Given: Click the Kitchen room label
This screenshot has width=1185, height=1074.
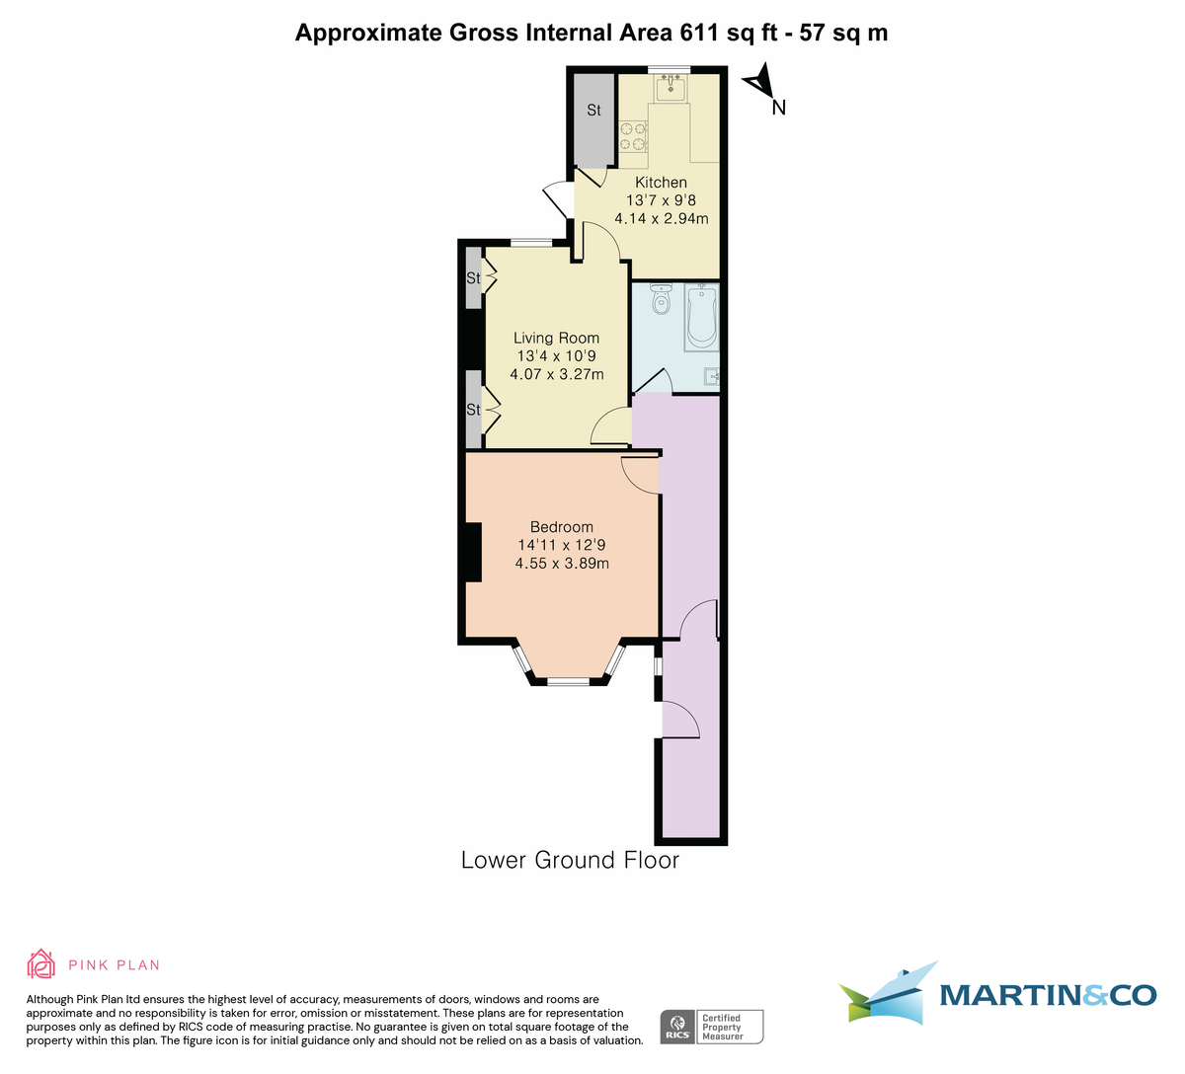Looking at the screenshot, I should click(x=661, y=183).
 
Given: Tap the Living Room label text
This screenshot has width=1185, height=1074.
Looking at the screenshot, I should click(x=556, y=338).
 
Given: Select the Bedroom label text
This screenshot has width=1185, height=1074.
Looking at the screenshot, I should click(x=561, y=527).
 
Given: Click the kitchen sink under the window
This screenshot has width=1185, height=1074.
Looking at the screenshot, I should click(x=672, y=89).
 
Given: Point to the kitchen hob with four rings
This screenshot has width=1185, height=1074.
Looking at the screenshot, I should click(x=633, y=137).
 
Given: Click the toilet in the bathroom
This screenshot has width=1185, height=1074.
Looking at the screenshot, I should click(x=661, y=300).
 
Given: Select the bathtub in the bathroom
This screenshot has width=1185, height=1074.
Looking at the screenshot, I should click(x=702, y=316).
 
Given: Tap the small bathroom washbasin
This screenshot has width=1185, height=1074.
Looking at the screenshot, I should click(x=712, y=375).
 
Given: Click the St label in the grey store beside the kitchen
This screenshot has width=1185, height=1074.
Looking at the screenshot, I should click(x=593, y=111).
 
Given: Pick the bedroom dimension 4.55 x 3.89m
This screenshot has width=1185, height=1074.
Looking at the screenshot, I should click(x=561, y=564).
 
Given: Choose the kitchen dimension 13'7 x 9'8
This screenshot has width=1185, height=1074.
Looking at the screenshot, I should click(x=661, y=200).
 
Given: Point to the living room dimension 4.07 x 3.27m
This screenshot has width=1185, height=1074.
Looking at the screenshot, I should click(x=556, y=374).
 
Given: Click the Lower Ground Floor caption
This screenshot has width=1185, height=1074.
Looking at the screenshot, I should click(x=570, y=860).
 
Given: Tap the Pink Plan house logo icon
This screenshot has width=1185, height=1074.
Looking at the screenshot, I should click(x=40, y=963).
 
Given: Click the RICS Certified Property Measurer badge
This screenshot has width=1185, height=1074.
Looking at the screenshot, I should click(x=711, y=1027).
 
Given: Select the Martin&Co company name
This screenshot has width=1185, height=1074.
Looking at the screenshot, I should click(x=1047, y=995).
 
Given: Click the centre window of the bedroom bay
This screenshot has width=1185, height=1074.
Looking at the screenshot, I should click(x=569, y=680).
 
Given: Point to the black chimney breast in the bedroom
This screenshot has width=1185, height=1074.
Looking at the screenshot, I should click(x=473, y=553).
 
